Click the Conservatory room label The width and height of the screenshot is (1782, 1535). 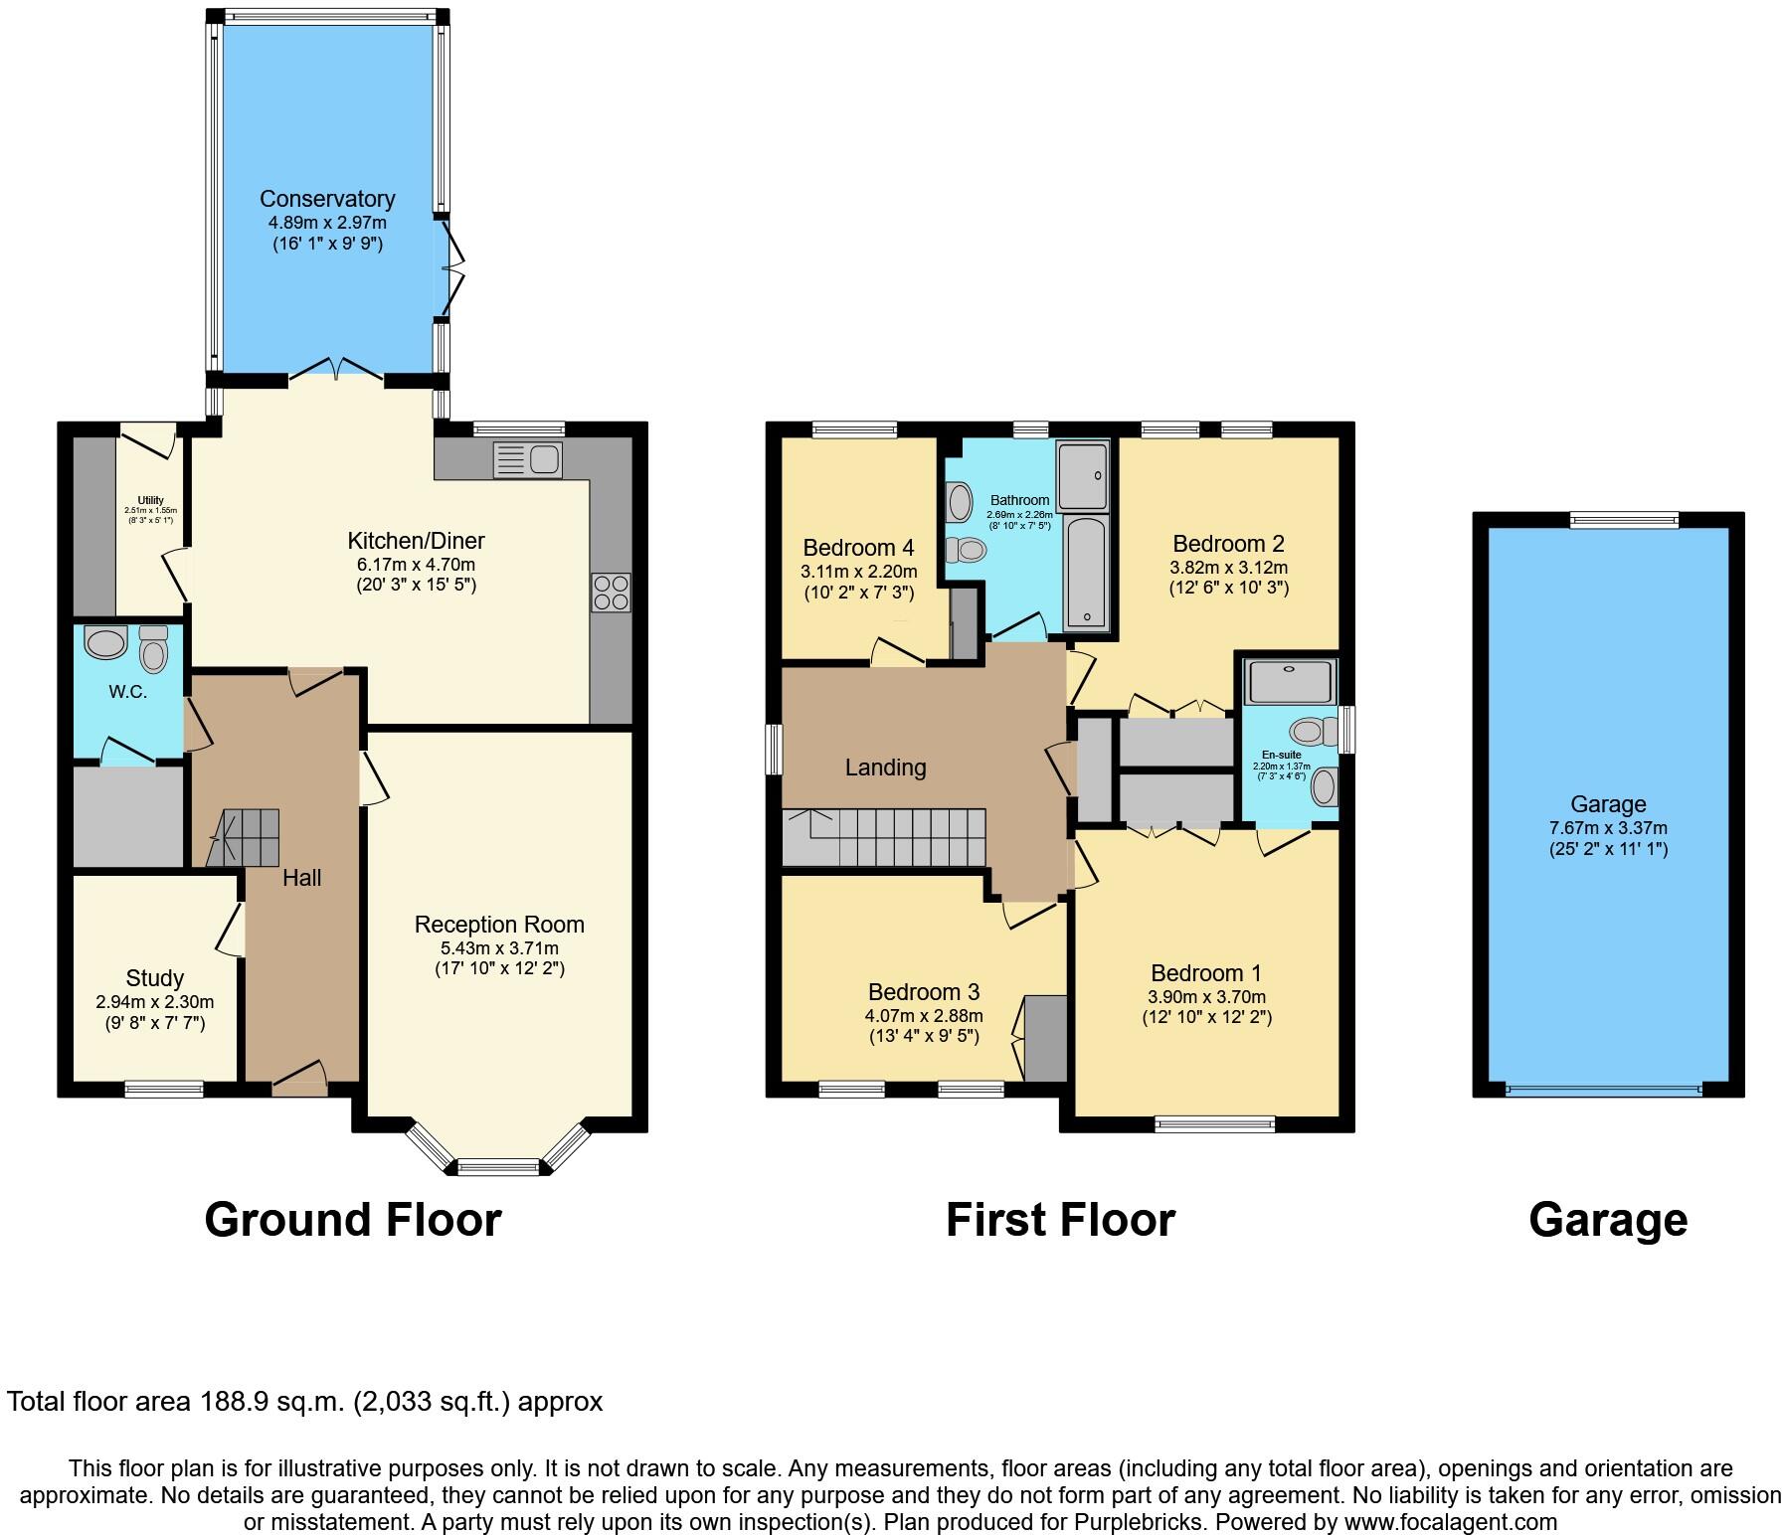327,199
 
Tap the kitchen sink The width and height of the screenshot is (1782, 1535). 528,460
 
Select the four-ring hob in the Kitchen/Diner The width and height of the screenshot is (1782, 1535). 610,594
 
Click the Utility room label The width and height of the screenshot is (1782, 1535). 151,500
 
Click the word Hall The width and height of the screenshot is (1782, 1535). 301,878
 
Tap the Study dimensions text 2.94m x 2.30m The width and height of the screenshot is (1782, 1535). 155,1002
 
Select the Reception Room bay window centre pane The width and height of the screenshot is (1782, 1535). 498,1167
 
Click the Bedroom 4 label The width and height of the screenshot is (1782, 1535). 858,548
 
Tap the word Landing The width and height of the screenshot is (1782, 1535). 885,767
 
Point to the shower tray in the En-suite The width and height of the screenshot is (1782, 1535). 1289,681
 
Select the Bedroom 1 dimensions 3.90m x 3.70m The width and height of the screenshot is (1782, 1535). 1206,997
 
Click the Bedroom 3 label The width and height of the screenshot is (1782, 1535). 923,992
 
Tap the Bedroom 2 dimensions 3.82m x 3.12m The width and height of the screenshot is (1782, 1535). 1228,568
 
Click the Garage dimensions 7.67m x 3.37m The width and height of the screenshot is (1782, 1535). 1608,828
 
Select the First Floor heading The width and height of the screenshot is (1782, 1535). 1060,1220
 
